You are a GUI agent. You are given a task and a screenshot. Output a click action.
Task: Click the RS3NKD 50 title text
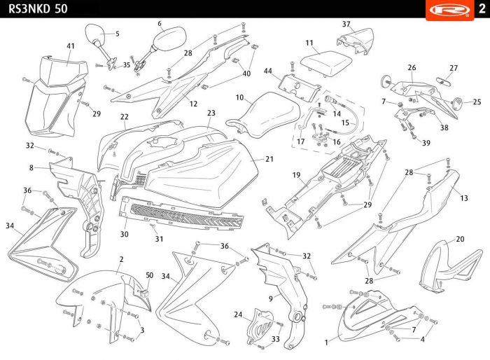[x=38, y=8]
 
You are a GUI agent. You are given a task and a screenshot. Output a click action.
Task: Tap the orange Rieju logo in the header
[x=449, y=9]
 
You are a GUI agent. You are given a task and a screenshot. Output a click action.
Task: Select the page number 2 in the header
[x=482, y=8]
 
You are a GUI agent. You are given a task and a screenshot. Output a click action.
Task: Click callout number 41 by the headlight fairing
[x=71, y=46]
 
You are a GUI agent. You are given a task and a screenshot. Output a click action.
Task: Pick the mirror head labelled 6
[x=170, y=38]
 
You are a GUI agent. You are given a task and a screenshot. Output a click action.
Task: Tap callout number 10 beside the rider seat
[x=239, y=97]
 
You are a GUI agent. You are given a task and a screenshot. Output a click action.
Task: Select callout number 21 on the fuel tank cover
[x=269, y=159]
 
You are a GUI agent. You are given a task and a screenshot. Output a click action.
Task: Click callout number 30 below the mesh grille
[x=125, y=234]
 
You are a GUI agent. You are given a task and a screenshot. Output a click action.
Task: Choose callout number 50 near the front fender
[x=150, y=275]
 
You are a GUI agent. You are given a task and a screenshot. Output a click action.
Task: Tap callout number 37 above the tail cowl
[x=346, y=24]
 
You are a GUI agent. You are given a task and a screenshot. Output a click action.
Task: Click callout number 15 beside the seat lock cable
[x=345, y=123]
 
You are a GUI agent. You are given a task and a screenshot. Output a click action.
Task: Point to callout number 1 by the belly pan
[x=326, y=342]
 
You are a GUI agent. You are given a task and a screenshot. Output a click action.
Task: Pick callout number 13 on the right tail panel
[x=464, y=198]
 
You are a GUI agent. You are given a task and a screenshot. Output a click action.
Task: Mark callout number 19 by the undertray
[x=296, y=175]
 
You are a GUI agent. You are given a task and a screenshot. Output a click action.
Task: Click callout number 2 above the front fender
[x=121, y=259]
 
